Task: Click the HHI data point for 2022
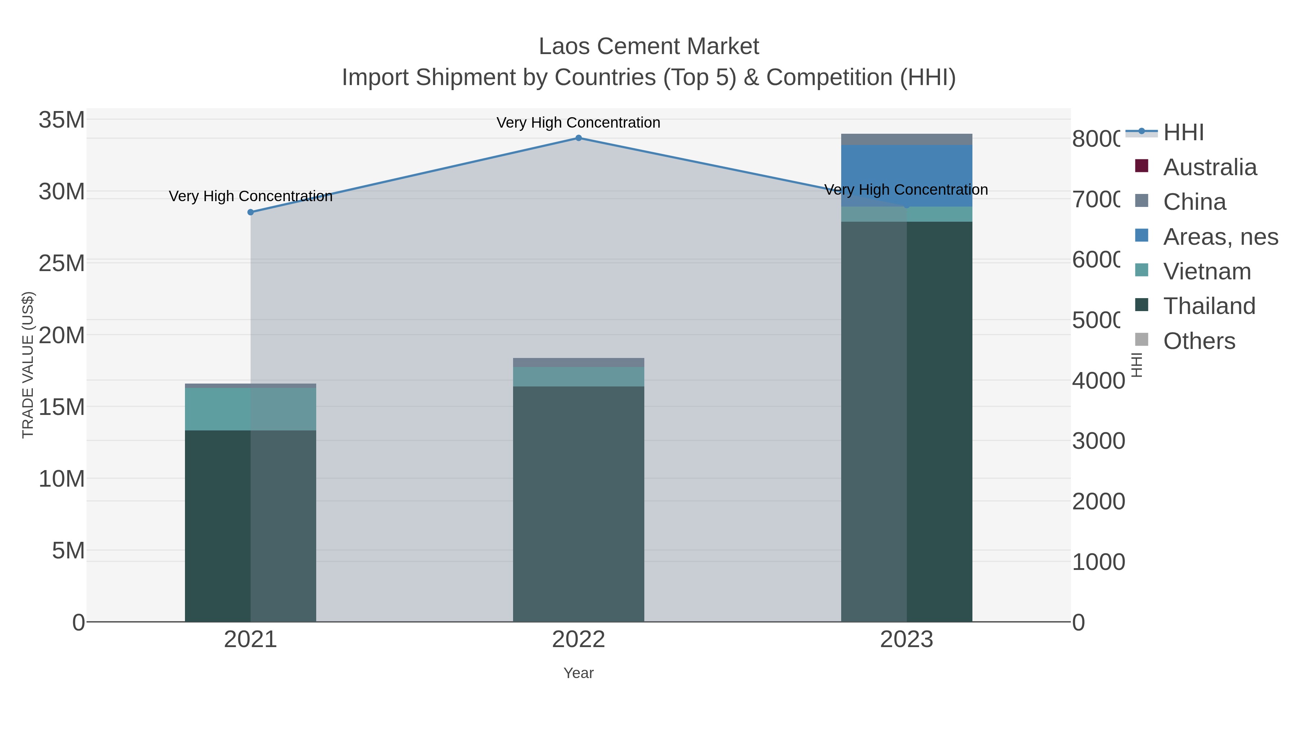click(578, 138)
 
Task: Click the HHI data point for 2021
click(251, 212)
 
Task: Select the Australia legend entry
click(1210, 167)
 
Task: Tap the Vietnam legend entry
click(1207, 271)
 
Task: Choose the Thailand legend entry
click(1209, 306)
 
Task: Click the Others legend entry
click(1199, 341)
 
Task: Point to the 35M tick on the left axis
click(61, 120)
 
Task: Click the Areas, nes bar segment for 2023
click(906, 175)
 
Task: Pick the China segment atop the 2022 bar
click(578, 363)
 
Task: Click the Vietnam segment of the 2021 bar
click(251, 408)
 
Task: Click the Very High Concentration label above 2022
click(578, 123)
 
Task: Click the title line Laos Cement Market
click(649, 47)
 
